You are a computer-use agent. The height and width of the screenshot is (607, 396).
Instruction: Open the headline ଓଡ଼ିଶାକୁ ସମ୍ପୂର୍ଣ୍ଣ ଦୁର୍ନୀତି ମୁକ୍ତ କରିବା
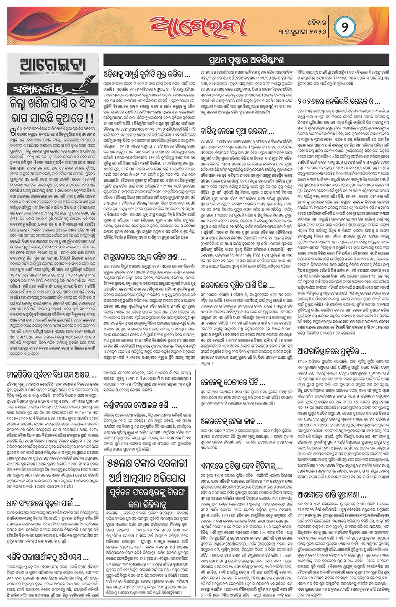click(147, 75)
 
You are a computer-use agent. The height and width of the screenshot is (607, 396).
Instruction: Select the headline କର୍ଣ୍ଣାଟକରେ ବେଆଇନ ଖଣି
click(141, 405)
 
